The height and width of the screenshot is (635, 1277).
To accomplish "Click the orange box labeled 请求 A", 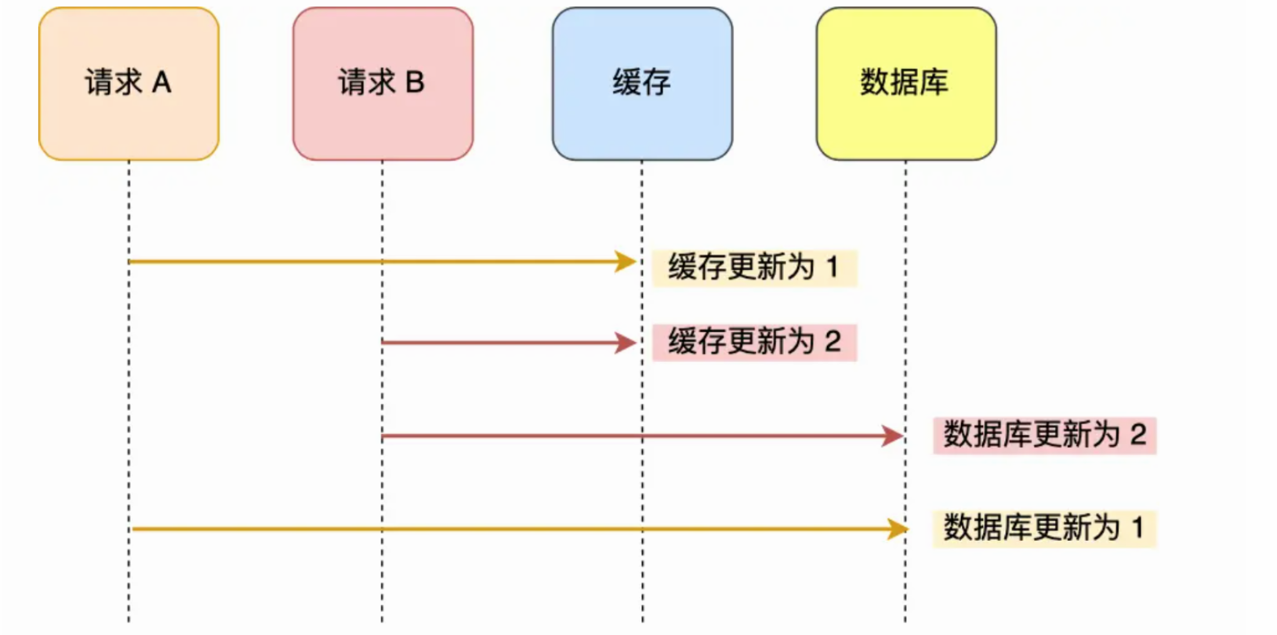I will (x=129, y=84).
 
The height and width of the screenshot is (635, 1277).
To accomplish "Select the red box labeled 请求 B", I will (x=383, y=84).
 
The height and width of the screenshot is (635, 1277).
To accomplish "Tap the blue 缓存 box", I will (x=642, y=84).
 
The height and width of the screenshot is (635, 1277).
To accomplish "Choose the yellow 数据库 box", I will (x=906, y=84).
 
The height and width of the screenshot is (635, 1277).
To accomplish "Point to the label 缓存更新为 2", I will (x=754, y=343).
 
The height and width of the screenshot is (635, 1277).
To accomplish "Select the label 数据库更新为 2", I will (x=1044, y=435).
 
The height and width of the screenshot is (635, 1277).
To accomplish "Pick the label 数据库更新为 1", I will (x=1044, y=528).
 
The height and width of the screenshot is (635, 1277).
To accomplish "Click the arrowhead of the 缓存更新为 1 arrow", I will (x=626, y=262).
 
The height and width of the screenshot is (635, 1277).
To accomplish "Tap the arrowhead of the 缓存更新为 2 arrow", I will (x=626, y=343).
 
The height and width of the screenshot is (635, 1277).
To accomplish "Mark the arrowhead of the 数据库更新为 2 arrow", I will (x=893, y=436).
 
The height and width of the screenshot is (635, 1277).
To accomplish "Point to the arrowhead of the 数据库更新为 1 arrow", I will (x=898, y=529).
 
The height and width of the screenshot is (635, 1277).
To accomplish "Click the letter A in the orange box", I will (x=161, y=82).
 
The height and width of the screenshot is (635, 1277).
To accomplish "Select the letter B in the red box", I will (x=415, y=82).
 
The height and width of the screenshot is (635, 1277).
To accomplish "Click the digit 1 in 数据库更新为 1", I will (x=1137, y=528).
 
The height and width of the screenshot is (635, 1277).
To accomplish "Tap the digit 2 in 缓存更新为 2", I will (x=833, y=342).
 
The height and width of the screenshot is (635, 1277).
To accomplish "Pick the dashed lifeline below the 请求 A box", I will (x=129, y=392).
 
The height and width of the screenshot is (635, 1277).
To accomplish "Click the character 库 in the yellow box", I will (x=934, y=82).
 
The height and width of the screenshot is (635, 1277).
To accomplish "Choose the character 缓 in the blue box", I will (x=626, y=82).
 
